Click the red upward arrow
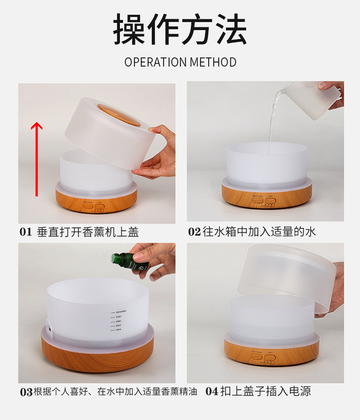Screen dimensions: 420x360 pos(37,159)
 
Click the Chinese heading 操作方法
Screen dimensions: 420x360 pos(180,30)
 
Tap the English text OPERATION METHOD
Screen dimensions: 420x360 pos(180,62)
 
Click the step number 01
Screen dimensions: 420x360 pos(25,232)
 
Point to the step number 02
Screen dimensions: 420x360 pos(194,232)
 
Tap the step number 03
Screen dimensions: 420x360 pos(26,392)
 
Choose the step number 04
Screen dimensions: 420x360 pos(212,392)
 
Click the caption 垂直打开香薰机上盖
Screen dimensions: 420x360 pos(88,232)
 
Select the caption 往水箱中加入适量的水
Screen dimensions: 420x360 pos(259,232)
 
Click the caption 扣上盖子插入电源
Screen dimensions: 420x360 pos(265,392)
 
